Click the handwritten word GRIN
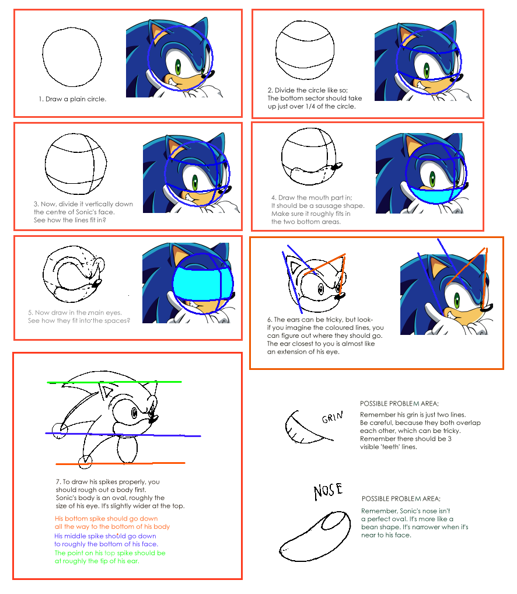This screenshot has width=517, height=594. [x=332, y=417]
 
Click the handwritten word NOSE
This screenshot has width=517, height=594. [x=328, y=491]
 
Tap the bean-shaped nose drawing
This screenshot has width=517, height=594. [x=315, y=536]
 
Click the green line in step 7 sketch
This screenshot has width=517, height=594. [x=114, y=382]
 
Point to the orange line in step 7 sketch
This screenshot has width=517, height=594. [x=120, y=463]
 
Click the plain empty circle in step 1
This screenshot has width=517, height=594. [x=72, y=57]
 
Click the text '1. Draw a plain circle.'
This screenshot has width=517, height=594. [x=72, y=99]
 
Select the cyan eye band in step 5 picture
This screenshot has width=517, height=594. [x=202, y=284]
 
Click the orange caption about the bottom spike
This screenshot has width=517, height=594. [x=112, y=522]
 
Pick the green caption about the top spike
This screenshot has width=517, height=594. [x=110, y=557]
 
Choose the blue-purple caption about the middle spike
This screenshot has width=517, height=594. [x=106, y=540]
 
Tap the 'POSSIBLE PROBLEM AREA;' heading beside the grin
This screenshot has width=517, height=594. [x=399, y=404]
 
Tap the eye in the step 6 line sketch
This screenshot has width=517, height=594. [x=320, y=290]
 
